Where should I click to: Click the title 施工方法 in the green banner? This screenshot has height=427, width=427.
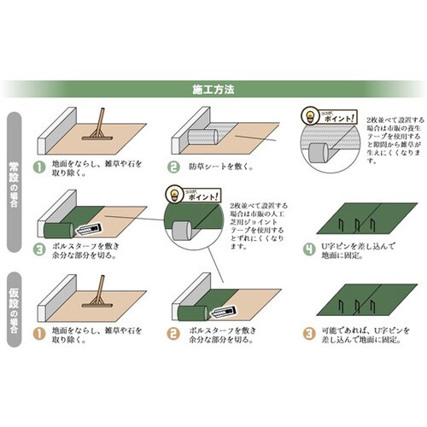pyautogui.click(x=213, y=88)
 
